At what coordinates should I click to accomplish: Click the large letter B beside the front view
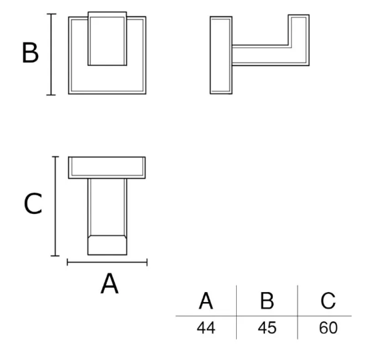(x=30, y=53)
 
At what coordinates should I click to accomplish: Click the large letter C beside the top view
(x=33, y=204)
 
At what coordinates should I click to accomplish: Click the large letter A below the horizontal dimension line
(x=109, y=283)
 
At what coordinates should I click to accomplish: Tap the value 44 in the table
(x=206, y=328)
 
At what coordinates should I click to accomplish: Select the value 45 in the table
(x=267, y=328)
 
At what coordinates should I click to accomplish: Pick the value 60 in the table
(x=328, y=328)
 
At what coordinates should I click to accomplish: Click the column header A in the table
(x=206, y=301)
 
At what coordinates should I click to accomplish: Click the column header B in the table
(x=267, y=301)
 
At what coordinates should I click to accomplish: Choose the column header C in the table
(x=328, y=301)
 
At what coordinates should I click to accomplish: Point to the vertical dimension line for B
(x=51, y=54)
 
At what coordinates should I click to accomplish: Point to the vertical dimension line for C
(x=55, y=206)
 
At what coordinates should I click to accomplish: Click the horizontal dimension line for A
(x=107, y=263)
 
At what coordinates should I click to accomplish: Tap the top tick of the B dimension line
(x=51, y=14)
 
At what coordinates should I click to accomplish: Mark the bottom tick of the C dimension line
(x=55, y=256)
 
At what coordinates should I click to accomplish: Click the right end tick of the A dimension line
(x=147, y=263)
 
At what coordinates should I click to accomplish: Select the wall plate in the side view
(x=221, y=55)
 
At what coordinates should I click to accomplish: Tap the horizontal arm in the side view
(x=260, y=55)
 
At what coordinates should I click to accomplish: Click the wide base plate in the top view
(x=107, y=167)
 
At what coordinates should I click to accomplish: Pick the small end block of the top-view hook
(x=107, y=245)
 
